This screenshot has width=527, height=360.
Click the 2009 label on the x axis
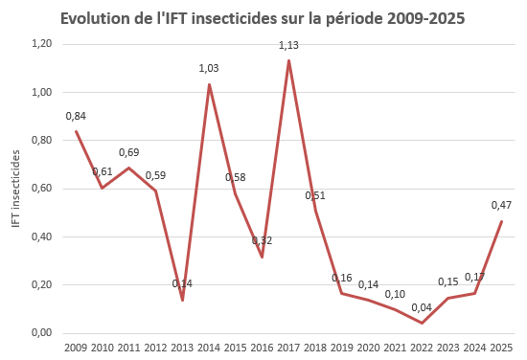(76, 347)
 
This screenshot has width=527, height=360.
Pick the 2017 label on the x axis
(288, 347)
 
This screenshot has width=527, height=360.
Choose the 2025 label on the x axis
(501, 347)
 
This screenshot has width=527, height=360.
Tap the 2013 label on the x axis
(182, 347)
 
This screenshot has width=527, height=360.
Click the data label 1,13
(289, 45)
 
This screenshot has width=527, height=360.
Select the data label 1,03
(210, 68)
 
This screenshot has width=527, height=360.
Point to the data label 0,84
(77, 117)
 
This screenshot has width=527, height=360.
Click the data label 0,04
(423, 307)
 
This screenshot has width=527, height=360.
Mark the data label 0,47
(501, 205)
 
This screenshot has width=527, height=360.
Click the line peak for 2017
(288, 61)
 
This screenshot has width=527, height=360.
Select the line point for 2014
(209, 85)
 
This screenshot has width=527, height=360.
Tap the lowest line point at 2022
(422, 323)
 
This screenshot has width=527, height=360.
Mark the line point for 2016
(262, 257)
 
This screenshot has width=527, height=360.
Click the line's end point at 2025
(501, 221)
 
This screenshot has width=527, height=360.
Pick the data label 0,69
(129, 152)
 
